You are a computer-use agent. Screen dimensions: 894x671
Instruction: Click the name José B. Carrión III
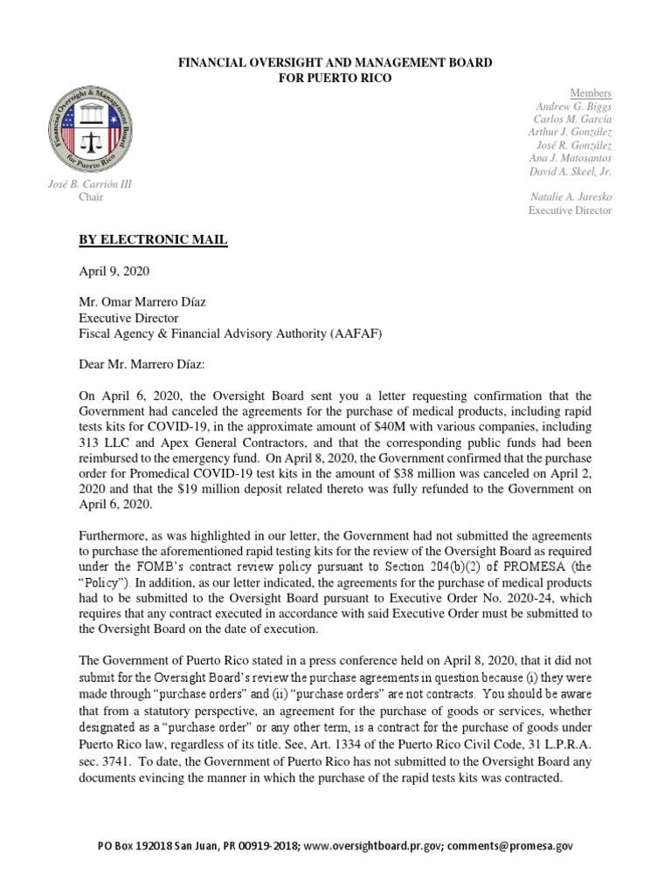coord(90,184)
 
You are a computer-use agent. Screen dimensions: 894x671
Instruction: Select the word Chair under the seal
coord(91,197)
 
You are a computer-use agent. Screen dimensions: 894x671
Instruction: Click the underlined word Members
coord(591,93)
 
